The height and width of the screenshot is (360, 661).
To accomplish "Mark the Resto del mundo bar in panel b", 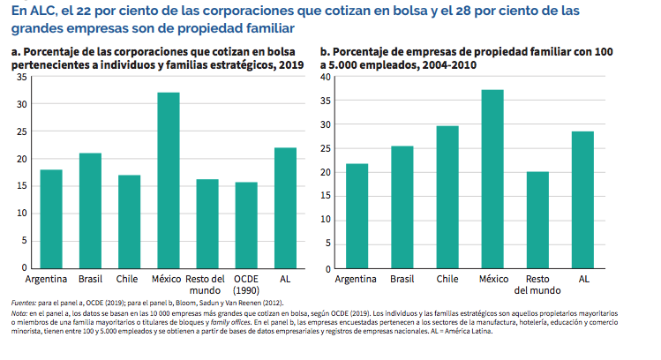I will coord(537,220).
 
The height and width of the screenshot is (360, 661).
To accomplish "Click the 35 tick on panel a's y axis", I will coord(21,78).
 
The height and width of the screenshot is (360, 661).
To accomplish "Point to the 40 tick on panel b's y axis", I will coord(325,78).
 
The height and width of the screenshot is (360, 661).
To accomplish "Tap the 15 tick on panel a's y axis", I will coord(21,186).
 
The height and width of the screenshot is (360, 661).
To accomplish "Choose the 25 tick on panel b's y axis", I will coord(325,149).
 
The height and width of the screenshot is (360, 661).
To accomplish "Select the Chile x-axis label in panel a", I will coord(129,279).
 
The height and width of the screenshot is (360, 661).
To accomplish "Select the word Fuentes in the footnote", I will coord(25,303).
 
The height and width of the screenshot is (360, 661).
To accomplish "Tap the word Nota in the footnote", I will coord(19,313).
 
